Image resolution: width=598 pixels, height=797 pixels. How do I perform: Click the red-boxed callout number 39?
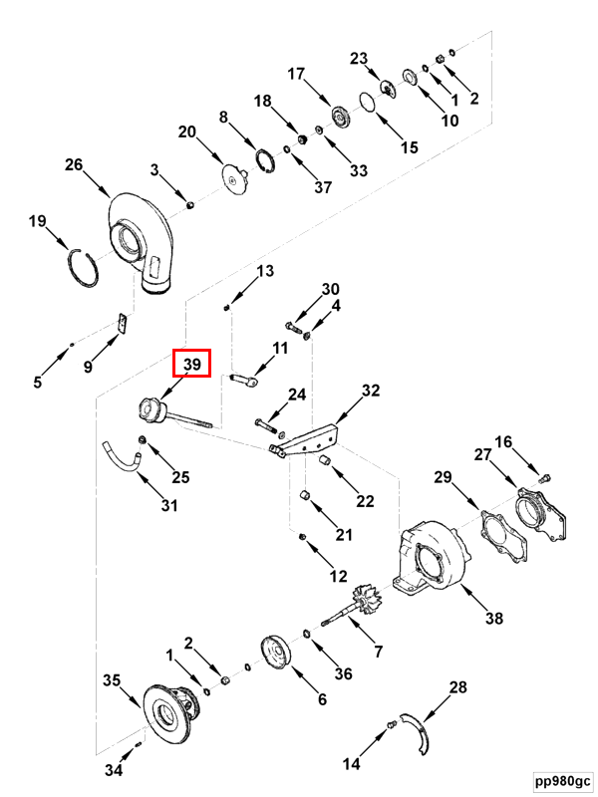191,364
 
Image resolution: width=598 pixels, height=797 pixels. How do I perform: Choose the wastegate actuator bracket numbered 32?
305,440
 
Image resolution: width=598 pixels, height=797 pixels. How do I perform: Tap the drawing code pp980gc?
563,780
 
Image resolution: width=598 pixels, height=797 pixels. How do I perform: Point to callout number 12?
338,576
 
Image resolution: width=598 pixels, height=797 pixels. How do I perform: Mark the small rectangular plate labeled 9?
122,324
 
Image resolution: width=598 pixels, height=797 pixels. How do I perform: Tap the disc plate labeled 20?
234,179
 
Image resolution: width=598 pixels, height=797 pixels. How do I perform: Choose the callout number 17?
296,74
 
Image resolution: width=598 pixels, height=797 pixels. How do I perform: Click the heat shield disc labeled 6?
275,653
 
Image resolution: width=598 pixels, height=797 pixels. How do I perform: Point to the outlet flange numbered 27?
540,514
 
